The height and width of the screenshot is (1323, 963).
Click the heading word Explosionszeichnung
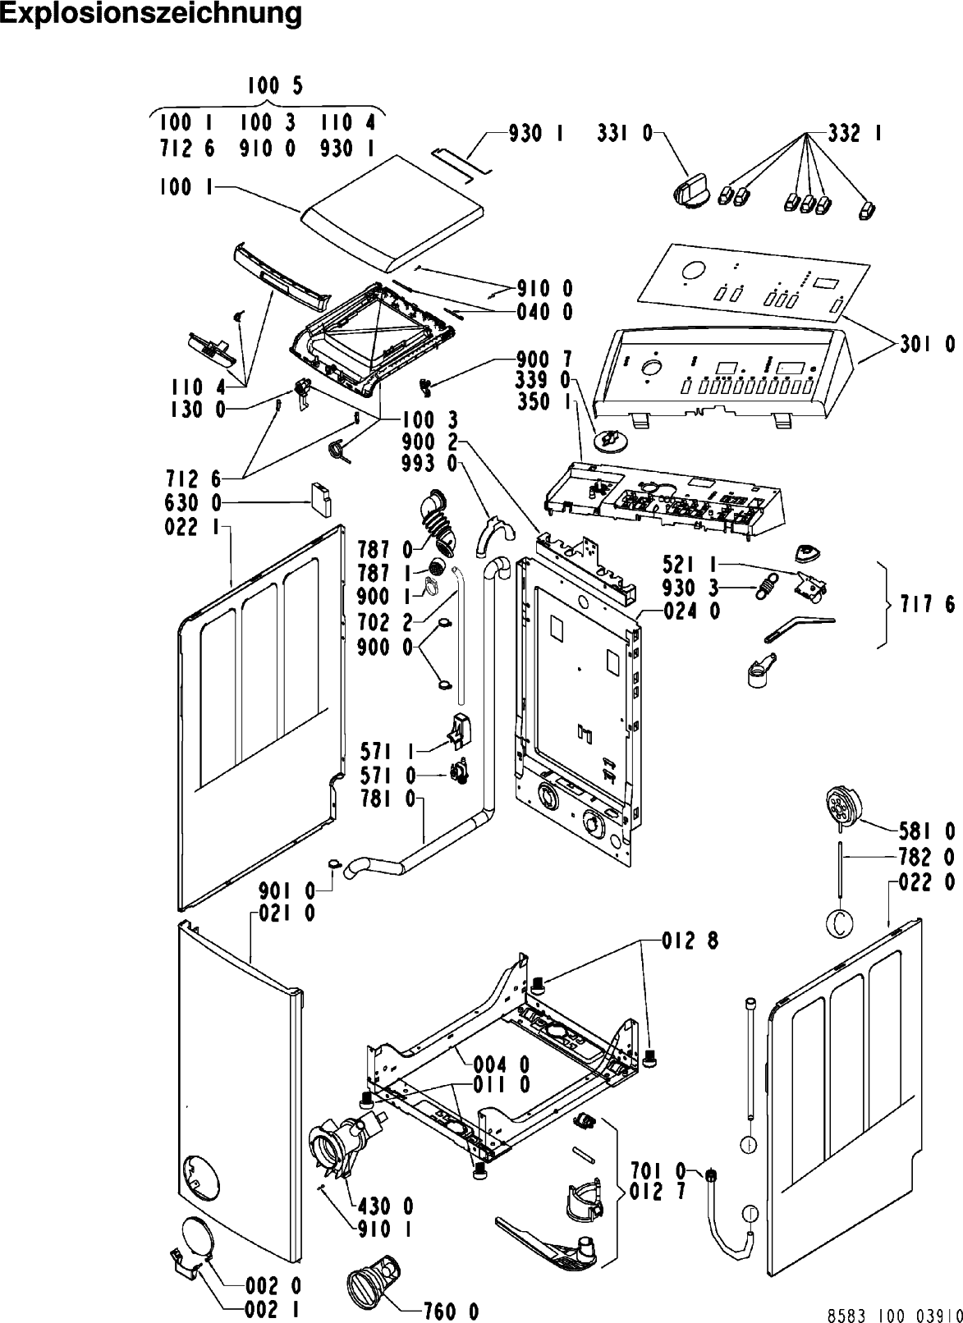(151, 14)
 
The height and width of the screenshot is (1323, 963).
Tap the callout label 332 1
(855, 134)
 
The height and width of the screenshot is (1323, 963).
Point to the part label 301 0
(927, 345)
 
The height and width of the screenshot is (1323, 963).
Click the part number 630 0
(193, 502)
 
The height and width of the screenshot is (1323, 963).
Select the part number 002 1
(273, 1309)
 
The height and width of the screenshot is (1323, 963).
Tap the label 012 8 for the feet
(690, 941)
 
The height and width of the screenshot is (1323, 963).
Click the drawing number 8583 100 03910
(895, 1316)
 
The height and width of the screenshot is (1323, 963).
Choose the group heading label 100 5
(275, 86)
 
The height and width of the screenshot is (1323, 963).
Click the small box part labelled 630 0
(321, 500)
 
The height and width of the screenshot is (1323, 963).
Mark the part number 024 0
(692, 611)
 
